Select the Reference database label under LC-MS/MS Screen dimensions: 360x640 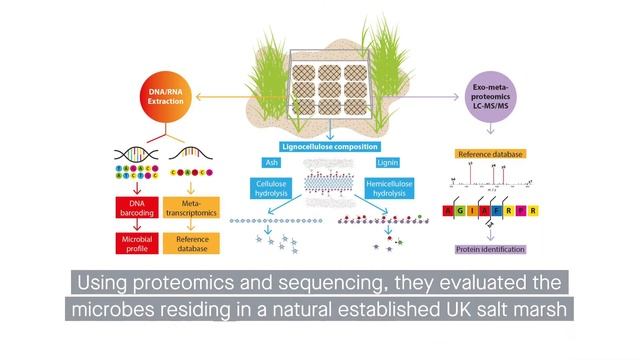[x=489, y=155]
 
